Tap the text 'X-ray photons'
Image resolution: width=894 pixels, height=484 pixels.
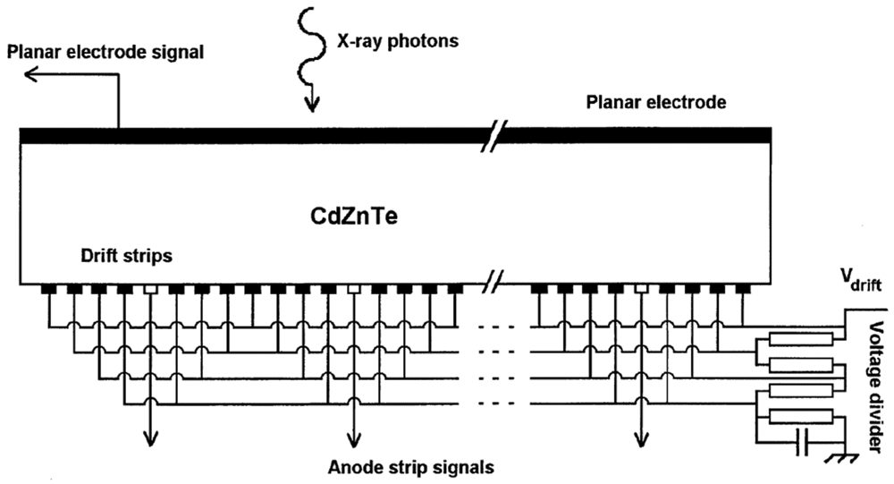tap(398, 41)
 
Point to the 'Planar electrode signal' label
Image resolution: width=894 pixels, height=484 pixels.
tap(106, 52)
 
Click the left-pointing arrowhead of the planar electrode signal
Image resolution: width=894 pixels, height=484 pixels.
tap(29, 77)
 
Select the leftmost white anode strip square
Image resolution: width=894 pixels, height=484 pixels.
tap(150, 289)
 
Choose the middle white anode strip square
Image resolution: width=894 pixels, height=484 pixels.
tap(354, 289)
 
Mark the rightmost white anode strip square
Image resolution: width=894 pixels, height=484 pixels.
tap(641, 289)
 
